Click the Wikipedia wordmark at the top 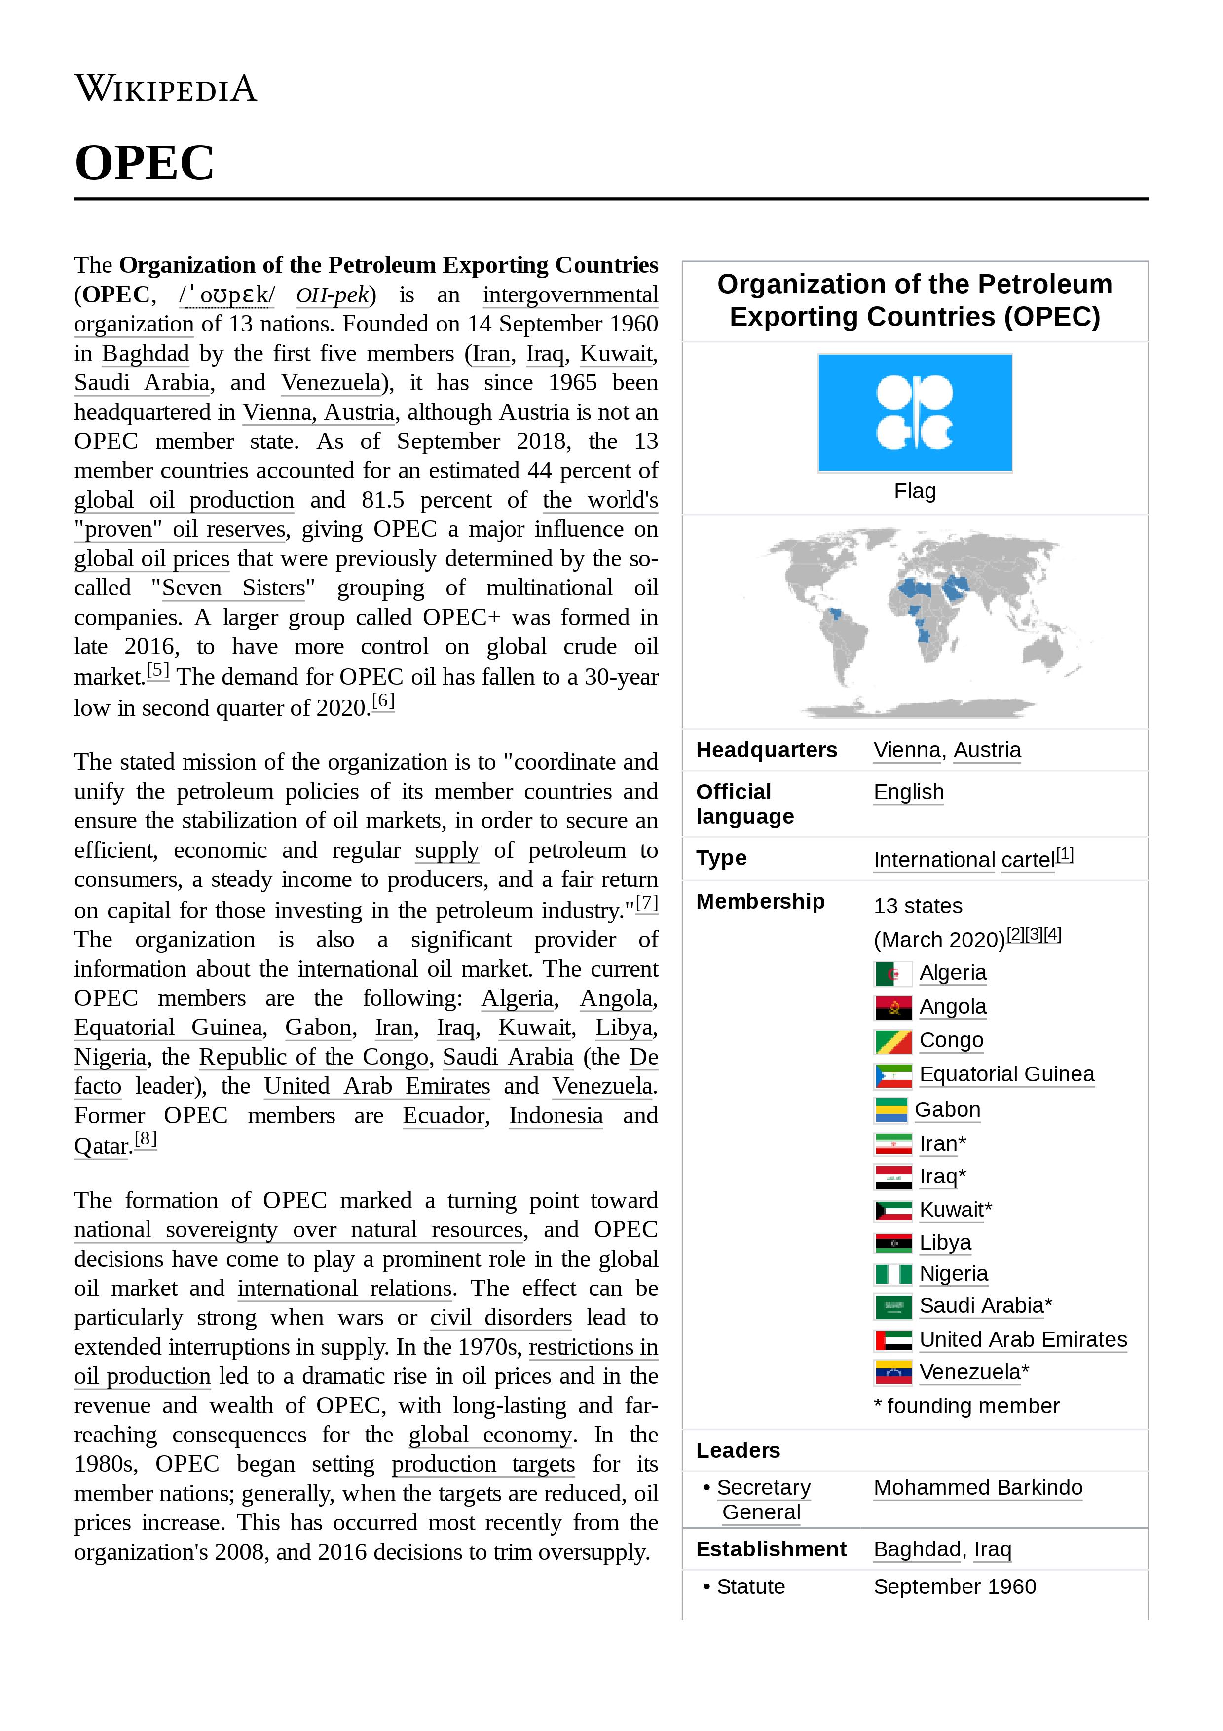point(166,88)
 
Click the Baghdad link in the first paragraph point(146,354)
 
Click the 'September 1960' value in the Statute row point(954,1586)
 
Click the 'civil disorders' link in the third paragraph point(501,1317)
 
